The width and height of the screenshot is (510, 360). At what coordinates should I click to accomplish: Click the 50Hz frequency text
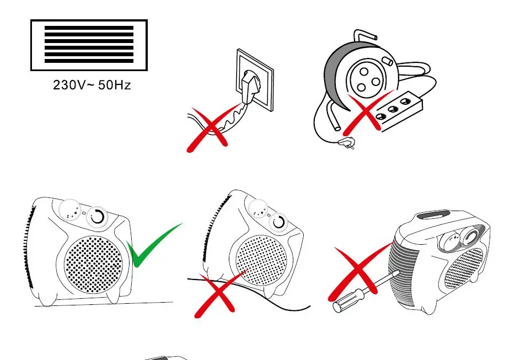[115, 85]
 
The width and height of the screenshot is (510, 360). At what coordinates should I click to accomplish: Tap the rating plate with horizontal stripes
[89, 45]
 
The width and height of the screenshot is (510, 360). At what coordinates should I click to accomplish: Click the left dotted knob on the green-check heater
[70, 210]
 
